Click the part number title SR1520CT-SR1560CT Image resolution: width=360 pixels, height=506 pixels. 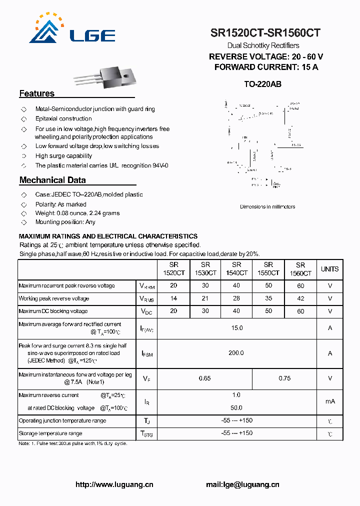pyautogui.click(x=265, y=33)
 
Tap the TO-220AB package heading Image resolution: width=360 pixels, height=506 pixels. pyautogui.click(x=262, y=84)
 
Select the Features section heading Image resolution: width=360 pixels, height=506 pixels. pyautogui.click(x=37, y=93)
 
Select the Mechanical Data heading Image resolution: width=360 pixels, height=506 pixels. pyautogui.click(x=52, y=180)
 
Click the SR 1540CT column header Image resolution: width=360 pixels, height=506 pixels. pyautogui.click(x=236, y=269)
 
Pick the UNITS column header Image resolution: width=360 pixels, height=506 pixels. pyautogui.click(x=329, y=269)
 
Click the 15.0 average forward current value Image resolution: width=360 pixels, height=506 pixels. pyautogui.click(x=236, y=328)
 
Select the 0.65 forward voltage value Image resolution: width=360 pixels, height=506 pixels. pyautogui.click(x=204, y=378)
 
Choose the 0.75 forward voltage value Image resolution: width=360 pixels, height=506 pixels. pyautogui.click(x=284, y=378)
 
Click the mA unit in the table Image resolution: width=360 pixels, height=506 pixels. pyautogui.click(x=330, y=401)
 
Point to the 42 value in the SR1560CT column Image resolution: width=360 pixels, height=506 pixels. pyautogui.click(x=300, y=298)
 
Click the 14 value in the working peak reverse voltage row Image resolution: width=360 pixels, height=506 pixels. pyautogui.click(x=173, y=298)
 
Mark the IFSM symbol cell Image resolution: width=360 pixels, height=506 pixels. pyautogui.click(x=147, y=354)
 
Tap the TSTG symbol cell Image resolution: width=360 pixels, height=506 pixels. pyautogui.click(x=147, y=434)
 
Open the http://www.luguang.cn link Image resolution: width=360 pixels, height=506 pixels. pyautogui.click(x=114, y=484)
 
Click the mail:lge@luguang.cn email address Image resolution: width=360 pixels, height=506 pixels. pyautogui.click(x=242, y=484)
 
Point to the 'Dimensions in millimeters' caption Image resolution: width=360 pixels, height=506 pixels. pyautogui.click(x=267, y=206)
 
